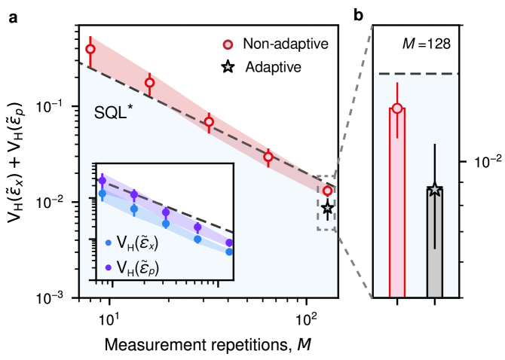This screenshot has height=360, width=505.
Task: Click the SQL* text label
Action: (114, 114)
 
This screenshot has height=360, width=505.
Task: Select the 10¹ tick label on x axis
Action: (109, 315)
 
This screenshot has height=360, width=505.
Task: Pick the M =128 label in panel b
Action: (426, 43)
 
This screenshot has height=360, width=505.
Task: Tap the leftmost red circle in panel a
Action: (90, 50)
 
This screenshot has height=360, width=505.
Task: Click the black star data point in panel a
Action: (327, 208)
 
